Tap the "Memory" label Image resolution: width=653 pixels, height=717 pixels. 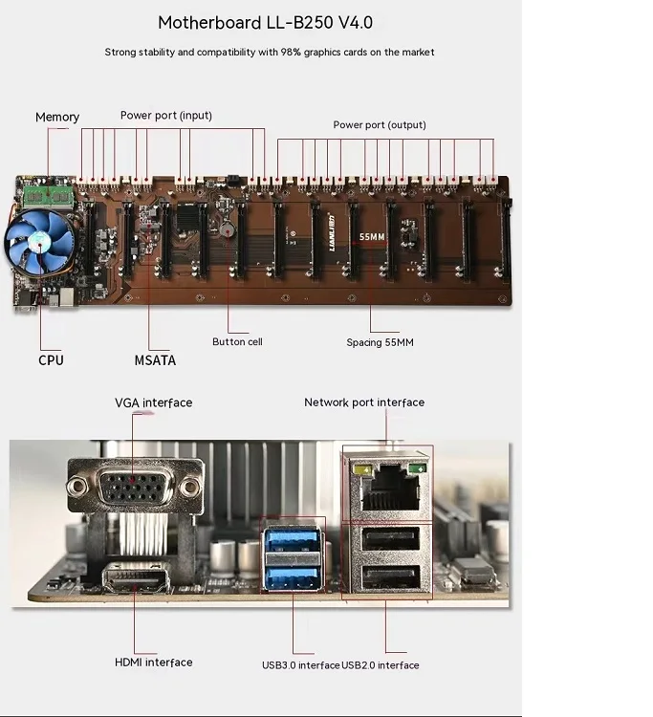pos(57,117)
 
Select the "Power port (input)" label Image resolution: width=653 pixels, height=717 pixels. pos(166,116)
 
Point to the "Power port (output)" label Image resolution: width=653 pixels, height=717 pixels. pos(380,125)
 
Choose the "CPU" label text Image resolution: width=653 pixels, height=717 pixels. pos(51,360)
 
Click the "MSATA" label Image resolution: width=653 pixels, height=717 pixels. pos(155,360)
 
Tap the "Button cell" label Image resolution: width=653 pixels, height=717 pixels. pos(237,341)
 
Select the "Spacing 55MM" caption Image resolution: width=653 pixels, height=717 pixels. pos(380,341)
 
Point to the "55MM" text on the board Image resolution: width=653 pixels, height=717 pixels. pos(372,235)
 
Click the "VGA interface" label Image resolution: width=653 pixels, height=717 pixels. pos(153,402)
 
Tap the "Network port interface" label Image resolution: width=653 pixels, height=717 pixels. pos(364,402)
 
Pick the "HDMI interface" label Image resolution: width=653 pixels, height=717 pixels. pos(153,662)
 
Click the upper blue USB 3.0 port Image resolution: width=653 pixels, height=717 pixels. pos(293,540)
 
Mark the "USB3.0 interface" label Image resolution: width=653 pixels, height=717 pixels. pos(301,665)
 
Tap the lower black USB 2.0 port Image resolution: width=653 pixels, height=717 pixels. pos(390,576)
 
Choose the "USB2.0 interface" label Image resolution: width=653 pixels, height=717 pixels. pos(381,665)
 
